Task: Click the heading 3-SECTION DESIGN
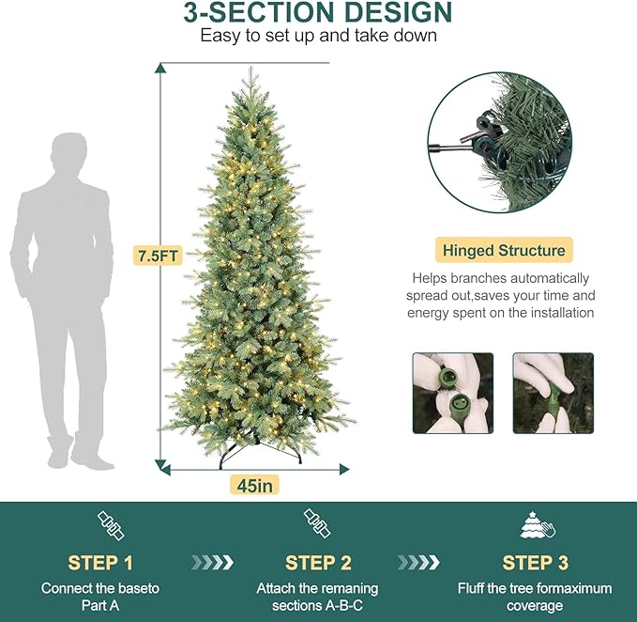pyautogui.click(x=318, y=13)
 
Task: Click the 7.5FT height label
pyautogui.click(x=158, y=256)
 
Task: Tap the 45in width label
pyautogui.click(x=254, y=485)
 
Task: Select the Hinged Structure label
pyautogui.click(x=504, y=250)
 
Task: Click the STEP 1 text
pyautogui.click(x=99, y=563)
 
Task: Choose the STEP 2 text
pyautogui.click(x=317, y=563)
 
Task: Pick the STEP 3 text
pyautogui.click(x=535, y=563)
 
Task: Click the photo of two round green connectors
pyautogui.click(x=453, y=393)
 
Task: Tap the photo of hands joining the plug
pyautogui.click(x=553, y=393)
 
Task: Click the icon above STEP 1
pyautogui.click(x=110, y=525)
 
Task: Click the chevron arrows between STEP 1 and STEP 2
pyautogui.click(x=211, y=563)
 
